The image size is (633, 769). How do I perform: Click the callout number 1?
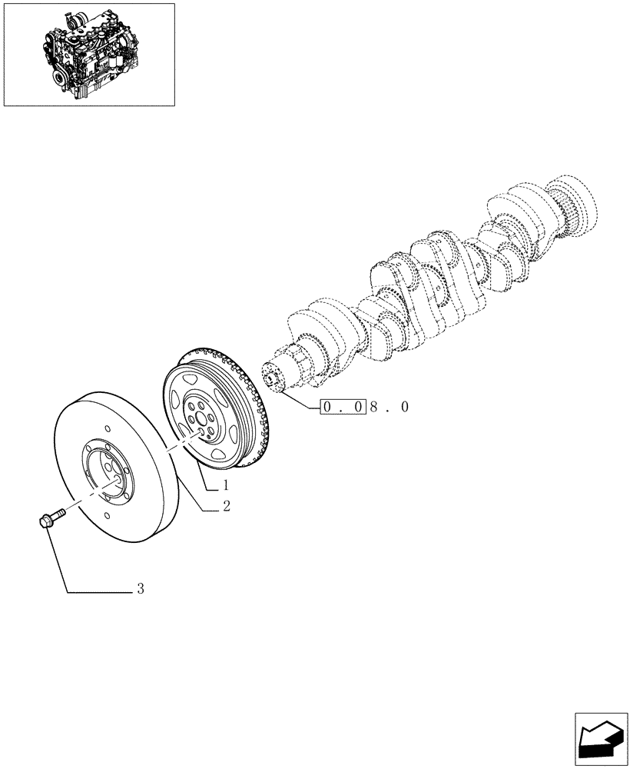(227, 485)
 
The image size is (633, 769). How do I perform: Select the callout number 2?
(227, 506)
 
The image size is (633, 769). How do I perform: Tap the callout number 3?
(141, 590)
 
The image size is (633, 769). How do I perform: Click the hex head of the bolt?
(44, 522)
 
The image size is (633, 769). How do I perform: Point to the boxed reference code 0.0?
(343, 407)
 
